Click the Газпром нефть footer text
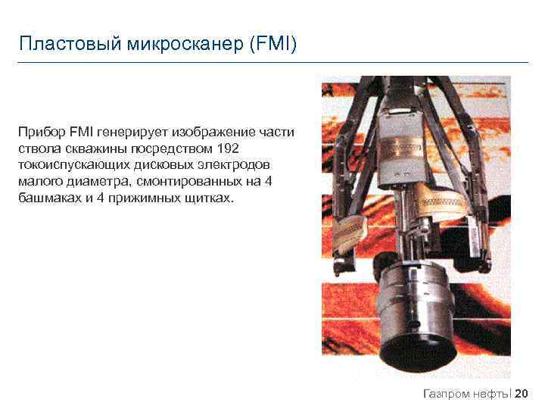[x=465, y=393]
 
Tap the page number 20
[x=522, y=393]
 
